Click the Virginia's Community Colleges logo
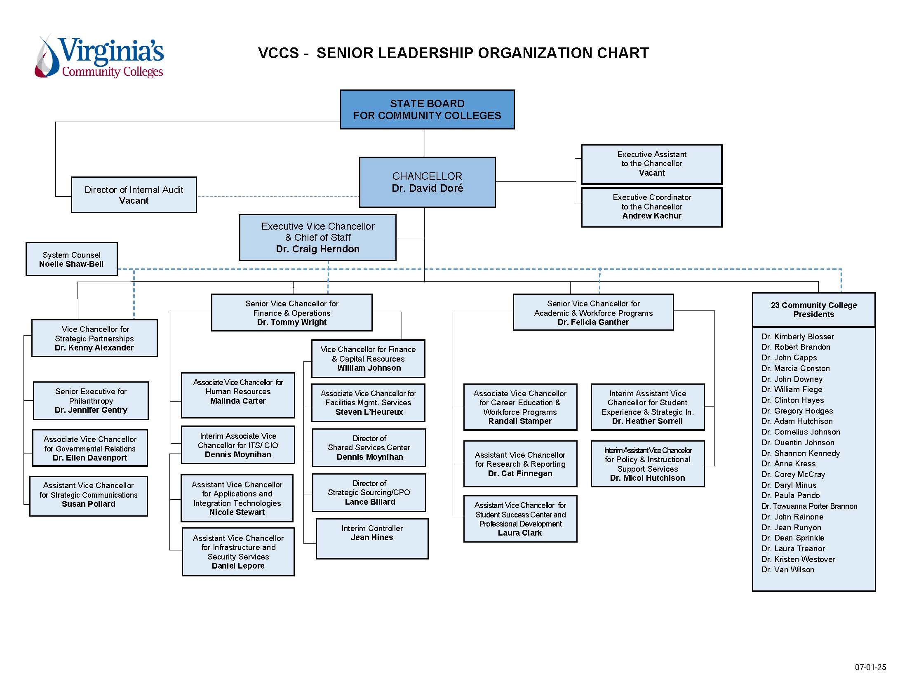99,57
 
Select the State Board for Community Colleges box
427,109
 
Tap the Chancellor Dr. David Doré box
427,182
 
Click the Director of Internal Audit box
134,195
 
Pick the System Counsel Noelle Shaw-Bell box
71,259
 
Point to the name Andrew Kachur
651,216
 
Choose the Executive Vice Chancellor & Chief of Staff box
317,237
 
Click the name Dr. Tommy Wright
291,322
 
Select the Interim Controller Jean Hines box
372,538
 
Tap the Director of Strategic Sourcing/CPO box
369,492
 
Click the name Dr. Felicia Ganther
593,322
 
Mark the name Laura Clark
519,533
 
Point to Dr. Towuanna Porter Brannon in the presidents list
809,506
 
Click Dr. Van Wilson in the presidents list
787,569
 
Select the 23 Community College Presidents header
813,310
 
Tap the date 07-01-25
870,667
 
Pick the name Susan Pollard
88,504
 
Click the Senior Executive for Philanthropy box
91,400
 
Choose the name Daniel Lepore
238,566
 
